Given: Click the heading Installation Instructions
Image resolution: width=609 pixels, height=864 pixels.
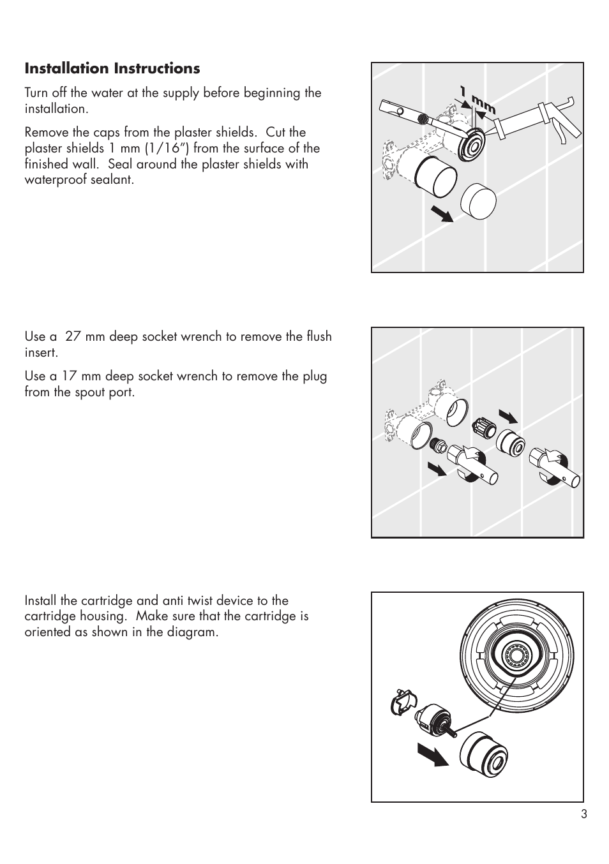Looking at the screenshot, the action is [112, 68].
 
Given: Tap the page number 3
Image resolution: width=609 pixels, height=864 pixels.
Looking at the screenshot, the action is [583, 814].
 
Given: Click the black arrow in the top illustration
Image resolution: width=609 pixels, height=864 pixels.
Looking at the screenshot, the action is [440, 212].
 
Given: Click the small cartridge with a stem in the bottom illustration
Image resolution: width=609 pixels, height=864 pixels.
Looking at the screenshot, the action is [432, 721].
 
